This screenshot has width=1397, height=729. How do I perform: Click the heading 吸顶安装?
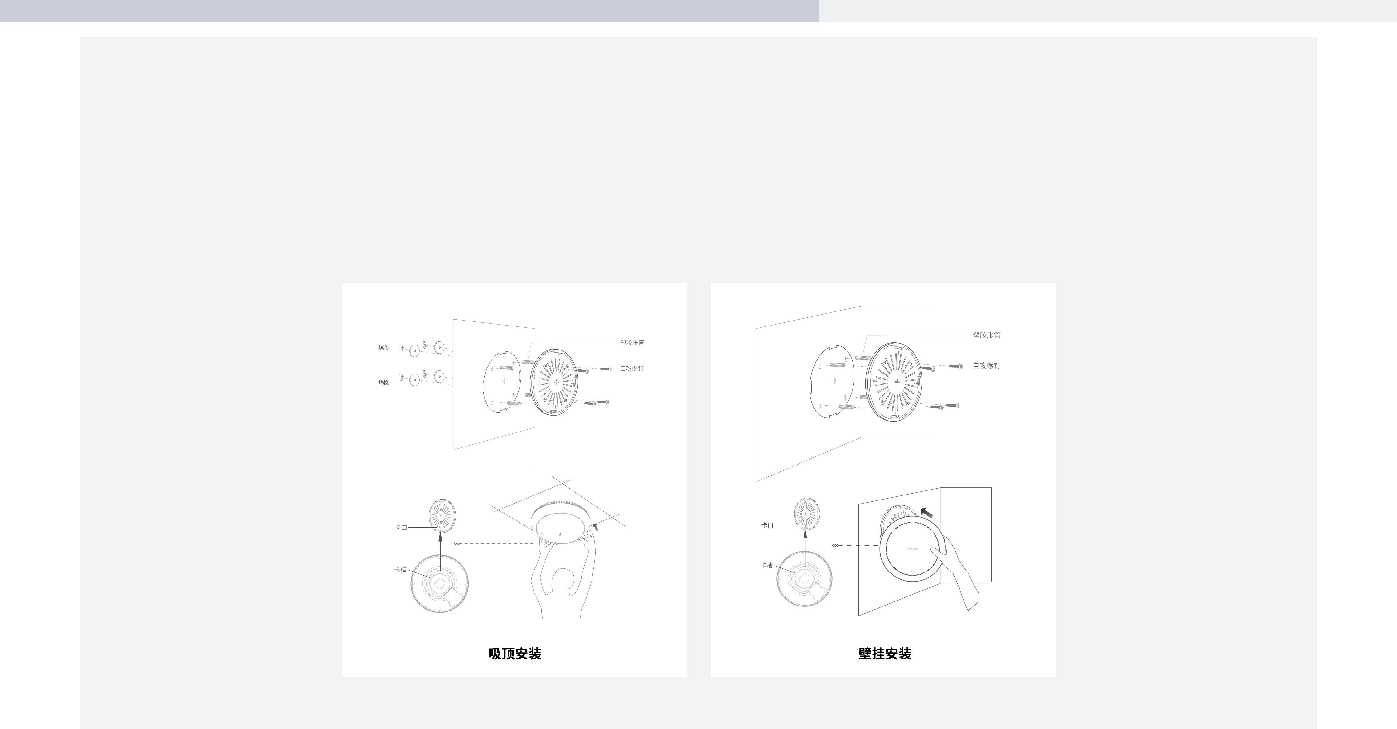515,654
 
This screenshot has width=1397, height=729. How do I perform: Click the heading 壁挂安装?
885,654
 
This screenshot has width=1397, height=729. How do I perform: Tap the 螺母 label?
384,347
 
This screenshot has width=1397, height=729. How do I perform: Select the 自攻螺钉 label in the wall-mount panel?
986,365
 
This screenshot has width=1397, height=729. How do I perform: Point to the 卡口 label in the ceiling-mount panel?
401,527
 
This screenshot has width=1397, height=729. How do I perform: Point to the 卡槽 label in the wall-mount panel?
767,565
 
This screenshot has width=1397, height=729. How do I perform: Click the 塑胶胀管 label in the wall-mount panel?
986,335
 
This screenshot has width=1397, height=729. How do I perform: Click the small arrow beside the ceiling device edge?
596,526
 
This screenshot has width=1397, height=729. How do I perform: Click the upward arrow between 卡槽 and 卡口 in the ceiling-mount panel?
440,551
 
